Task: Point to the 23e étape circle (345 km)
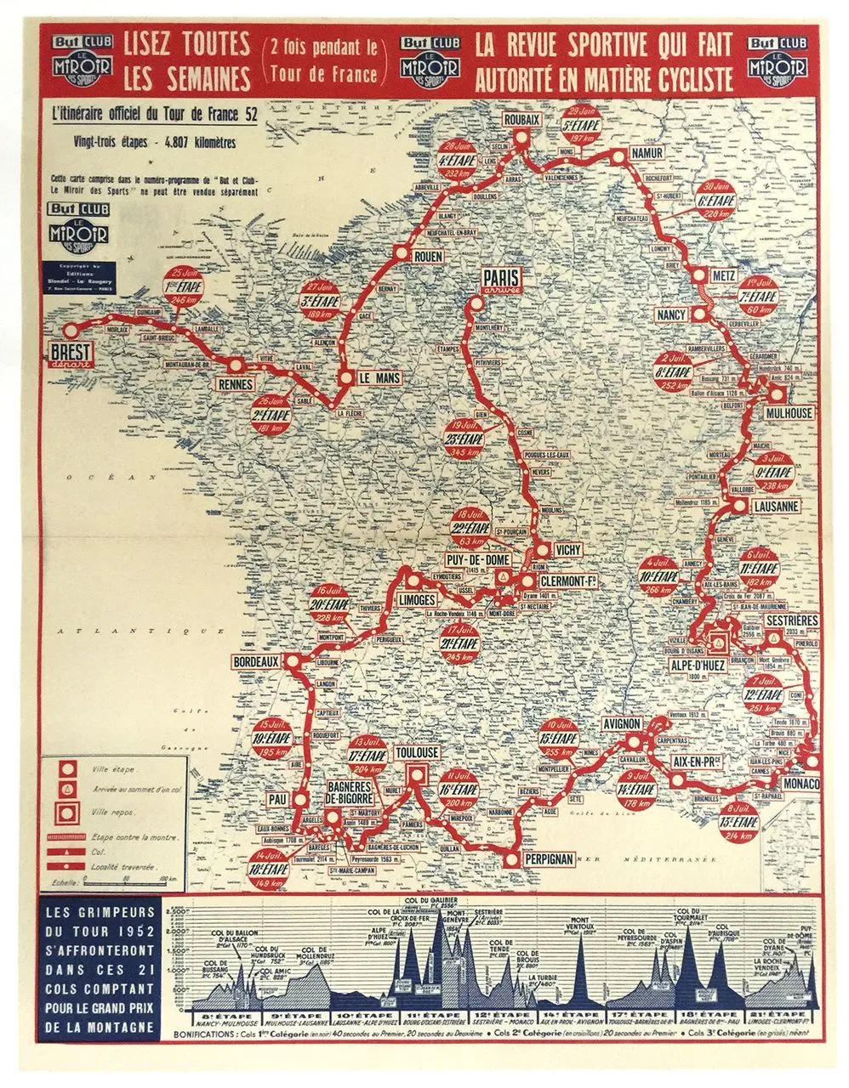tap(464, 439)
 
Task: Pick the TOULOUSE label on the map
tap(417, 754)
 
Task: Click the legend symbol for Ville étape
tap(65, 769)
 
